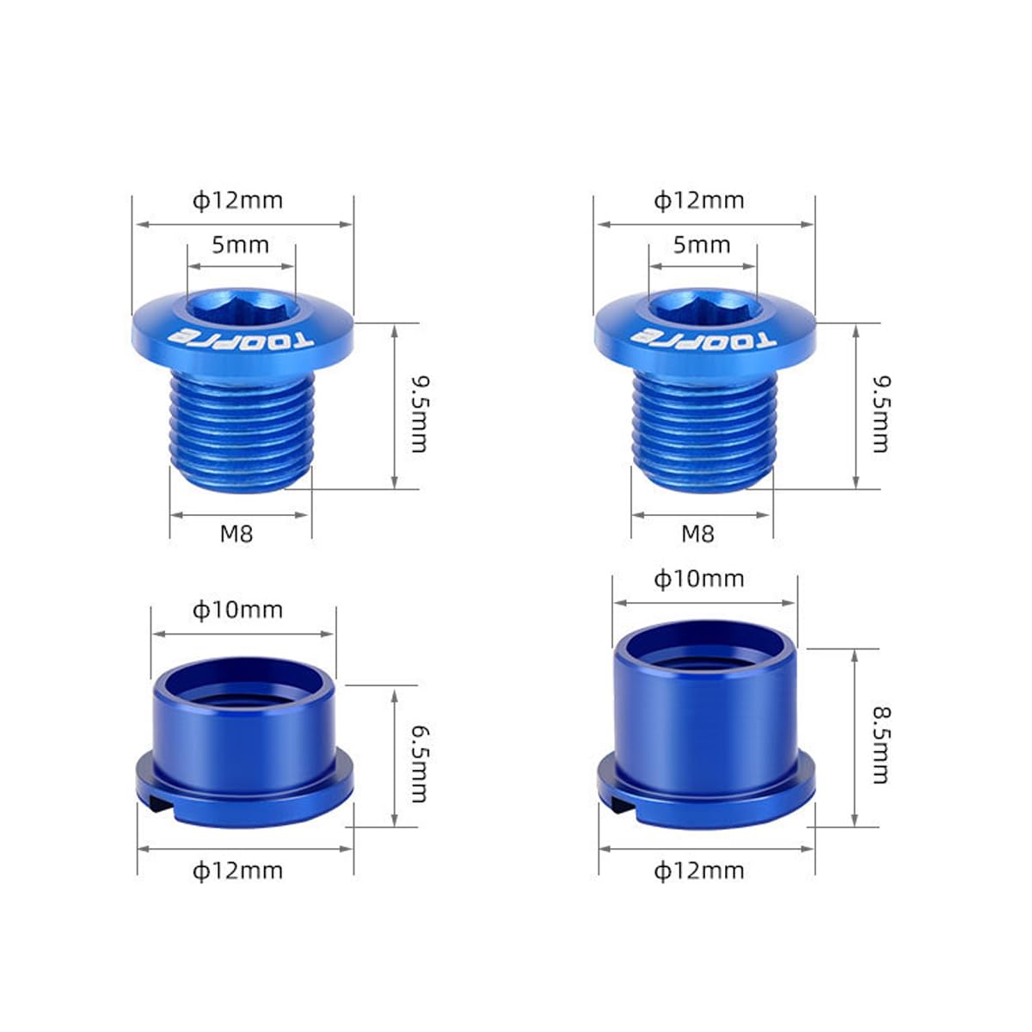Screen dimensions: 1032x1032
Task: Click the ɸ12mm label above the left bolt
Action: pos(237,201)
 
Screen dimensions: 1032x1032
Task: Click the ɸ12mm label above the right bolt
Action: pos(698,201)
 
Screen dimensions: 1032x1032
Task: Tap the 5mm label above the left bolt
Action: pos(241,245)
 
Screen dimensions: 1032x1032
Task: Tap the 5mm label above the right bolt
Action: pos(702,245)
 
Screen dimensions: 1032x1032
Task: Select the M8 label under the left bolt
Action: pos(236,534)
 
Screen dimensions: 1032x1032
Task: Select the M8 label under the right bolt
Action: pos(697,534)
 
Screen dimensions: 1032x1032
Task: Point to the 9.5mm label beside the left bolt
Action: pos(420,414)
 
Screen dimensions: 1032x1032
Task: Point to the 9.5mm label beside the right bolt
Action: pos(881,414)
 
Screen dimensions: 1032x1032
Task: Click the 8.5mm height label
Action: pos(881,745)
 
